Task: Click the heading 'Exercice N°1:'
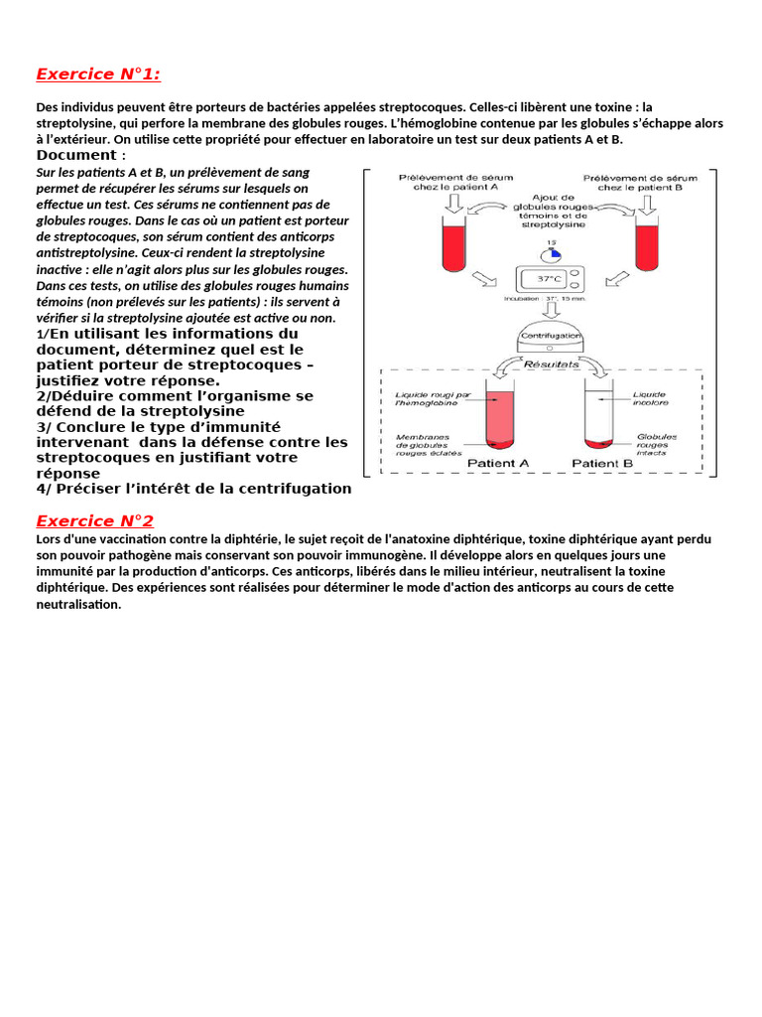pos(97,74)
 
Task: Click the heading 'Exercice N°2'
pos(94,521)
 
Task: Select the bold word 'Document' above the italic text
pos(75,156)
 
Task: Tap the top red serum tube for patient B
pos(646,242)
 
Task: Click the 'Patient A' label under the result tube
pos(497,463)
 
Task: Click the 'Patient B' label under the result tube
pos(602,463)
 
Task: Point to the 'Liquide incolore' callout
pos(651,398)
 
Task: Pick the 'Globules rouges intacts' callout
pos(657,445)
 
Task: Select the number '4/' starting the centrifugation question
pos(45,489)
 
